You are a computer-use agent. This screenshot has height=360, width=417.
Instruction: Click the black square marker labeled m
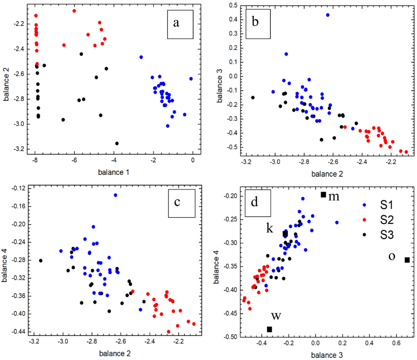[x=323, y=195]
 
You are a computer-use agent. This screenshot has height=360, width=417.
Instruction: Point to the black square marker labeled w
[x=269, y=329]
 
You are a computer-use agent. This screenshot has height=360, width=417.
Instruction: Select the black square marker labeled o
[x=407, y=260]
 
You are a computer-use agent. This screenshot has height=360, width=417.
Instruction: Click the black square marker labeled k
[x=285, y=234]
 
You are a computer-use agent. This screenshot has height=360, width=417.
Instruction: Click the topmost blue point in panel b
[x=328, y=15]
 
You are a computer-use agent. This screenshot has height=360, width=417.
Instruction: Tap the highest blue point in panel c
[x=115, y=195]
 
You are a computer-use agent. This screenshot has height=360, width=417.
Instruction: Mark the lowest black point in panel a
[x=117, y=143]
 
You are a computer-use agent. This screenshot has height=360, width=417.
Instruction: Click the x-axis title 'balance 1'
[x=114, y=172]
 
